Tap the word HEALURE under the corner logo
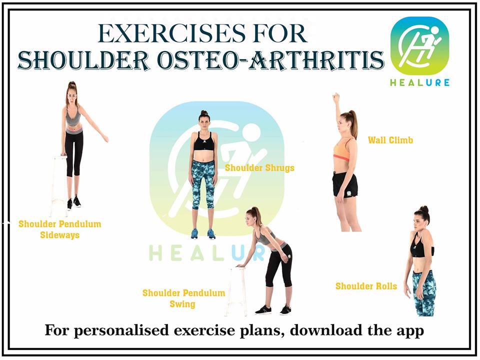click(419, 82)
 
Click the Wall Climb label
click(390, 140)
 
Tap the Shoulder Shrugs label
click(259, 167)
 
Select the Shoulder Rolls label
click(366, 286)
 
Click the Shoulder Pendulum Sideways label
click(59, 229)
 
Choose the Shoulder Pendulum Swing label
click(183, 298)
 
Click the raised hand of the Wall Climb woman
click(337, 97)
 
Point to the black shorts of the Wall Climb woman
click(345, 184)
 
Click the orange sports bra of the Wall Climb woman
click(342, 148)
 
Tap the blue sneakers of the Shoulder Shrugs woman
click(203, 234)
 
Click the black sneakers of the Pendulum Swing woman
click(273, 309)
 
